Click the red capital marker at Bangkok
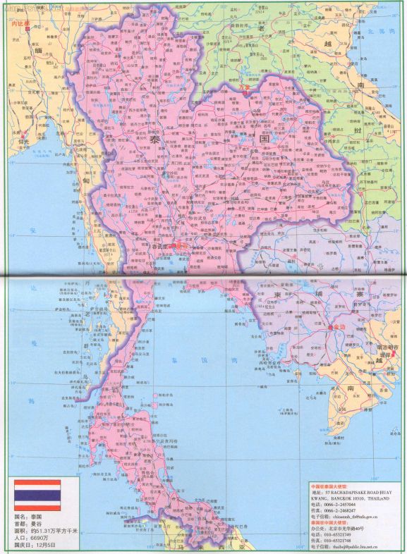(x=178, y=247)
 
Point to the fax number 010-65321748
(x=335, y=539)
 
